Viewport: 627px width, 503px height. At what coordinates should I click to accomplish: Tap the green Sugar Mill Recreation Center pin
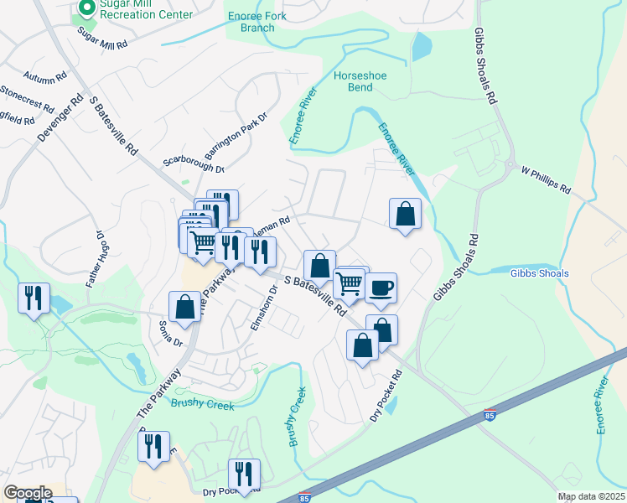point(85,8)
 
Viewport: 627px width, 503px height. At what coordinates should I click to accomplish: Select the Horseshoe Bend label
point(360,81)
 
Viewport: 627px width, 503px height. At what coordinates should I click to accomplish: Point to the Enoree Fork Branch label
point(251,22)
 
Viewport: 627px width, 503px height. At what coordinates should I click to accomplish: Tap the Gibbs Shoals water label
point(540,273)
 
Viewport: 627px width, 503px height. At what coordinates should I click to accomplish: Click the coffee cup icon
point(381,288)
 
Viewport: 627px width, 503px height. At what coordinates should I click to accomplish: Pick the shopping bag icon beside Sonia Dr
point(184,308)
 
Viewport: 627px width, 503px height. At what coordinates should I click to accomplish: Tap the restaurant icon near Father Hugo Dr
point(34,298)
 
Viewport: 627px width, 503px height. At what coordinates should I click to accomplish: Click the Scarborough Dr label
point(194,163)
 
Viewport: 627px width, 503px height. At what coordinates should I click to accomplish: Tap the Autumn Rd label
point(45,77)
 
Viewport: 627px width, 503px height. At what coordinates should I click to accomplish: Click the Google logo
point(27,493)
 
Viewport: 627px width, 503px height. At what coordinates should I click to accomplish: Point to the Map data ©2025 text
point(591,497)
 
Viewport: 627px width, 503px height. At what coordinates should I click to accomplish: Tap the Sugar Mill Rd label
point(102,38)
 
